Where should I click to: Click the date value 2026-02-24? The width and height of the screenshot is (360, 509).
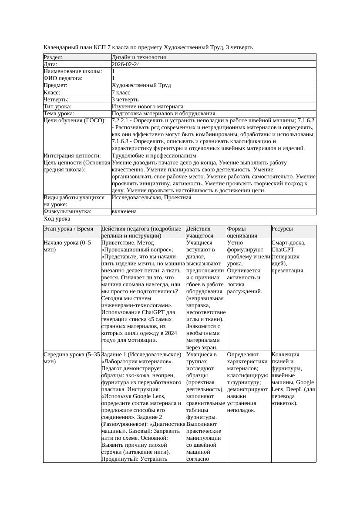click(x=126, y=64)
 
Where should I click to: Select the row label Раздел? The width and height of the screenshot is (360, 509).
click(x=53, y=57)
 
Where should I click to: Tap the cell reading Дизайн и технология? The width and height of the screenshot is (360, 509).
click(x=138, y=57)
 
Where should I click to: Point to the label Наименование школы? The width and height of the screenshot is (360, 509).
click(x=73, y=71)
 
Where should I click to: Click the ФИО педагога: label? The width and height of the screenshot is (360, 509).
click(x=63, y=78)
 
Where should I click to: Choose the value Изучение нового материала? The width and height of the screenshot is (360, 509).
click(x=147, y=107)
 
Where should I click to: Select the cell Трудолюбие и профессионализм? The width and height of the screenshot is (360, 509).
click(x=154, y=156)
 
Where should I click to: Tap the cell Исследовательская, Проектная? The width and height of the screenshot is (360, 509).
click(x=151, y=198)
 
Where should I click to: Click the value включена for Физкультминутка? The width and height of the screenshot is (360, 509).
click(x=124, y=211)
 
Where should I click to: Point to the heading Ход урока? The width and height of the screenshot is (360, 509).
click(x=57, y=219)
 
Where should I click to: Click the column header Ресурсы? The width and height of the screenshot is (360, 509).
click(x=282, y=229)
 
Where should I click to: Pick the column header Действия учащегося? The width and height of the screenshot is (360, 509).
click(x=199, y=232)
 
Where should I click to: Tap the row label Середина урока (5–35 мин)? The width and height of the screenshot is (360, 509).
click(x=72, y=358)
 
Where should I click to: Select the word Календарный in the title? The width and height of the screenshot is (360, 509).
click(x=62, y=47)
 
